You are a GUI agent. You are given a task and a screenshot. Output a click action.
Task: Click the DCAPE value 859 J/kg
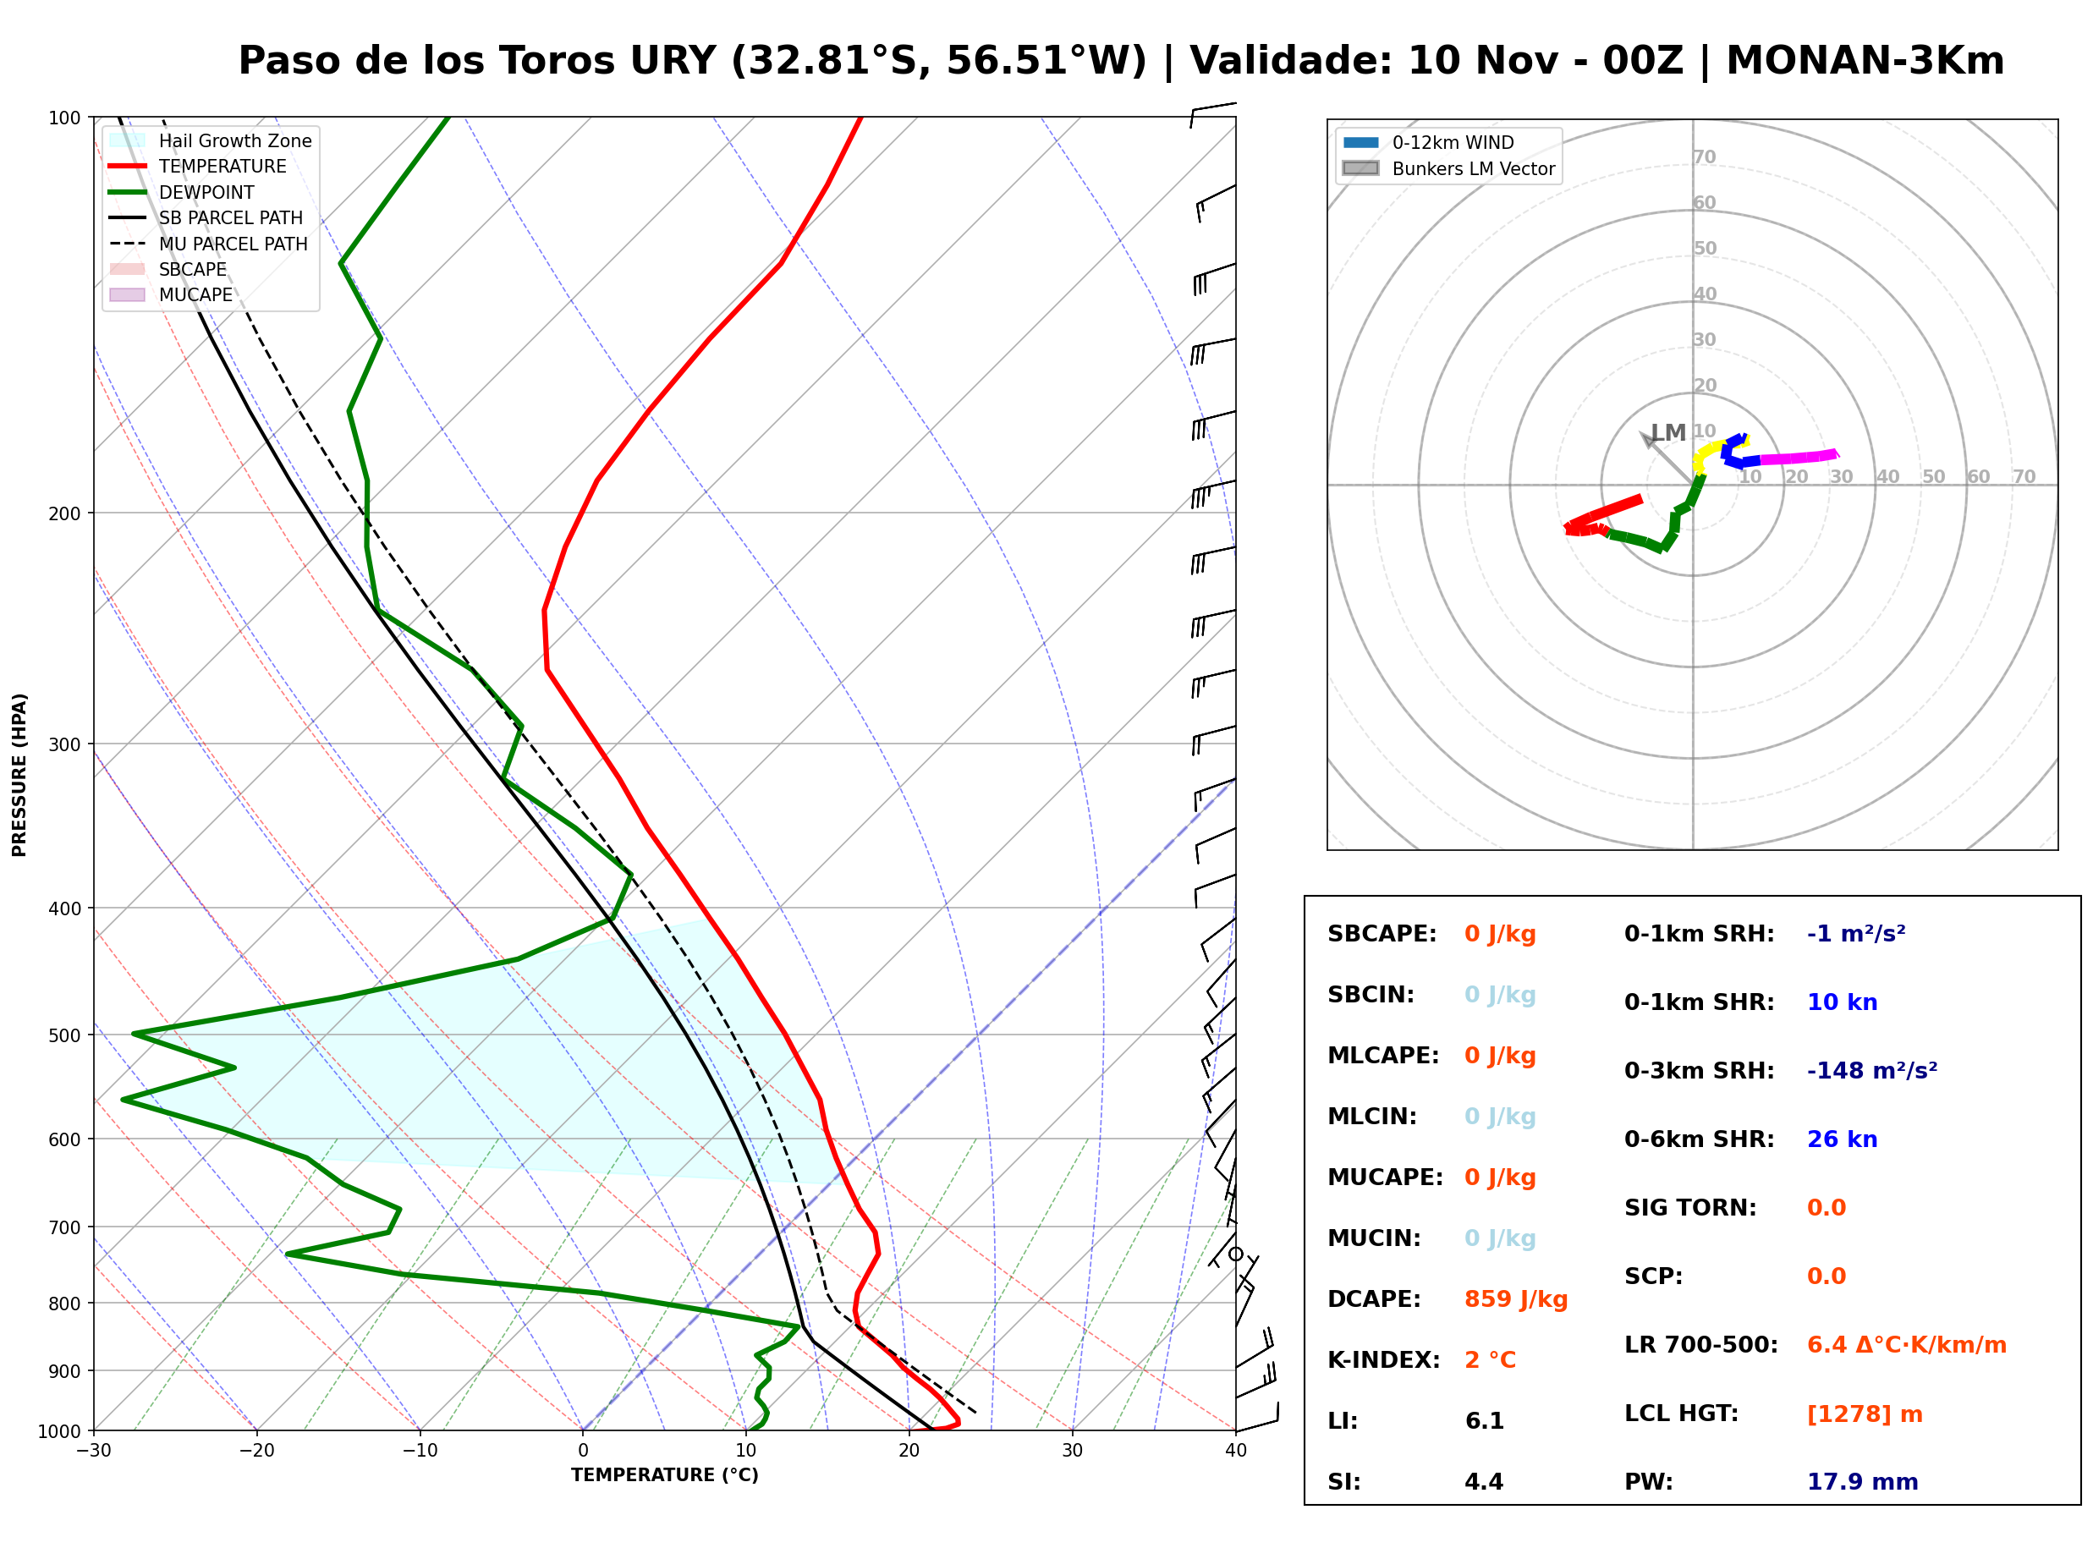[1515, 1298]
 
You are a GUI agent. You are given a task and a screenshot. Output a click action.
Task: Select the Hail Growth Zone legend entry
[210, 140]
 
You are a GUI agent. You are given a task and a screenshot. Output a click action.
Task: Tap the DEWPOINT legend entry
[181, 192]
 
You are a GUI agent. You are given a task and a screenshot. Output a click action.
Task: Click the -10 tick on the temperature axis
[419, 1451]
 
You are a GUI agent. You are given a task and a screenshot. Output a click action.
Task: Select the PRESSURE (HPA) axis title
[19, 775]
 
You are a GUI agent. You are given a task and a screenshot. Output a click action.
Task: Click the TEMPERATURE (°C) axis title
[664, 1475]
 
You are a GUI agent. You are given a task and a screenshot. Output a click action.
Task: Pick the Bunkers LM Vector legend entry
[1448, 168]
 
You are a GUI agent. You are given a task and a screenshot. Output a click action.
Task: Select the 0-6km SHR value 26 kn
[1842, 1139]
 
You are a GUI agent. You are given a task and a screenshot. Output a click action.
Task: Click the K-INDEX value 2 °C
[1490, 1359]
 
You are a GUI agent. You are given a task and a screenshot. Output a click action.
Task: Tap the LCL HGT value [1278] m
[1865, 1414]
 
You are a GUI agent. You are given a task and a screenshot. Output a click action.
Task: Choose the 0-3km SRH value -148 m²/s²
[1872, 1070]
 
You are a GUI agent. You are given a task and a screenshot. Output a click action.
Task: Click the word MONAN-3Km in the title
[1865, 61]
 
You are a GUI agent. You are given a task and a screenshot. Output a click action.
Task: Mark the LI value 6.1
[1484, 1420]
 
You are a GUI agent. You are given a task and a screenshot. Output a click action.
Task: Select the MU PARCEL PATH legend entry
[208, 244]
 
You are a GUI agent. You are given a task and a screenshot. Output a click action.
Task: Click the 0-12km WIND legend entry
[1428, 142]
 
